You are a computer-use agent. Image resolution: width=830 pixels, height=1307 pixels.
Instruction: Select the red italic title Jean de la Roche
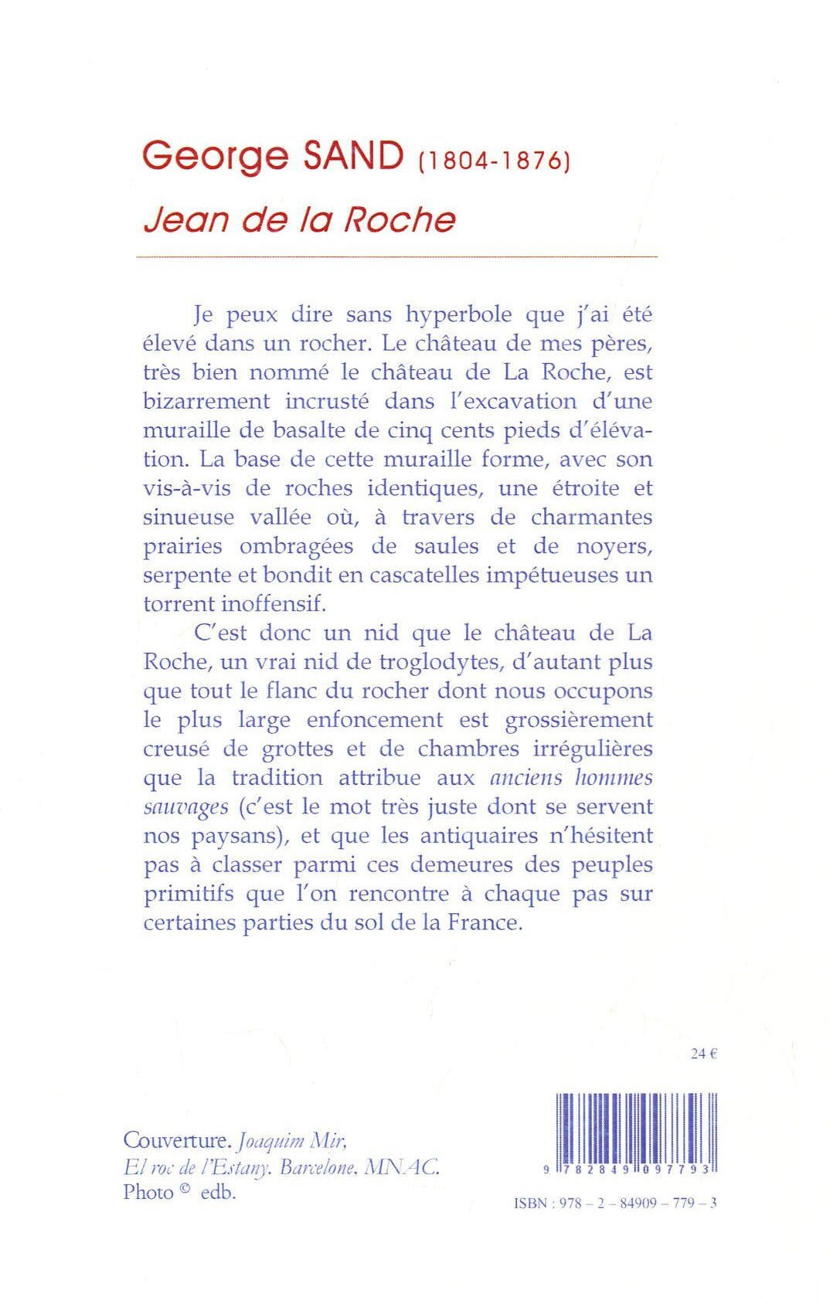[x=299, y=219]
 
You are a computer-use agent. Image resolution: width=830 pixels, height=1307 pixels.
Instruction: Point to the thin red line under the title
[x=396, y=256]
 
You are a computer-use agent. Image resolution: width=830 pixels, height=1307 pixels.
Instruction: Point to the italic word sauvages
[x=185, y=807]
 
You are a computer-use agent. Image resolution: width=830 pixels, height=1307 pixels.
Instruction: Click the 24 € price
[x=704, y=1054]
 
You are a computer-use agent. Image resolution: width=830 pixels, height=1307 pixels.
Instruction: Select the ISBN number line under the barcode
[x=615, y=1203]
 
